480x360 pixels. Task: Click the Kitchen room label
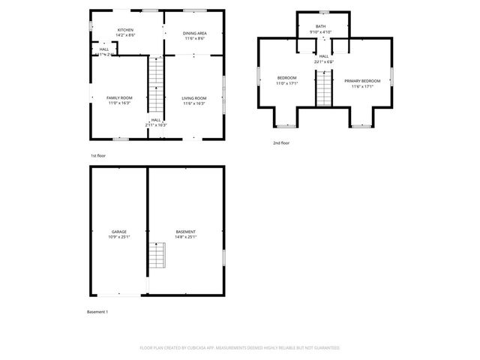[125, 31]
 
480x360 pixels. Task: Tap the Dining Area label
[195, 33]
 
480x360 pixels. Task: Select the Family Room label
[118, 98]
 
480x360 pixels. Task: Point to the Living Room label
[194, 98]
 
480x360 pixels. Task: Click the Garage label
[118, 232]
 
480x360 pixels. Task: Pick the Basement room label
[185, 232]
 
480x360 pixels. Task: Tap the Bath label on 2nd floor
[321, 26]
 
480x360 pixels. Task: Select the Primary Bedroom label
[362, 81]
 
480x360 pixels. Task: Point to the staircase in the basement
[156, 256]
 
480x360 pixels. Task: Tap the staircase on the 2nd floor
[323, 88]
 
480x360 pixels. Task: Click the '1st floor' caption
[98, 155]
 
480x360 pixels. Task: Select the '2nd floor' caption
[281, 142]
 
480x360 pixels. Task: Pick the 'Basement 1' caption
[98, 311]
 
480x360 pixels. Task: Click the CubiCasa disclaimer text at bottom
[240, 348]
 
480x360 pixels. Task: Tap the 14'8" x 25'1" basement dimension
[185, 237]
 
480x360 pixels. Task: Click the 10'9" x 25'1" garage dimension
[118, 237]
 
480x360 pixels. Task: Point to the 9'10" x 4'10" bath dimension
[321, 32]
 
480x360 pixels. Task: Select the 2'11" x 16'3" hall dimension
[156, 124]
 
